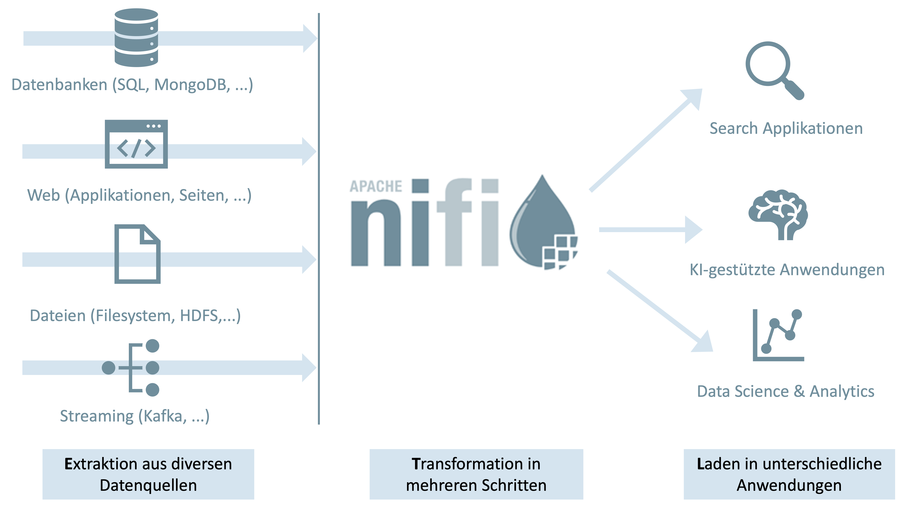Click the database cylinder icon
click(136, 38)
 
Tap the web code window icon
click(136, 144)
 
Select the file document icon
click(137, 254)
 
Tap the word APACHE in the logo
click(376, 186)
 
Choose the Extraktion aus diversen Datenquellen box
click(148, 474)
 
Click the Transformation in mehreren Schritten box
click(476, 474)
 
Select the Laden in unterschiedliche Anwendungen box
click(789, 474)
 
